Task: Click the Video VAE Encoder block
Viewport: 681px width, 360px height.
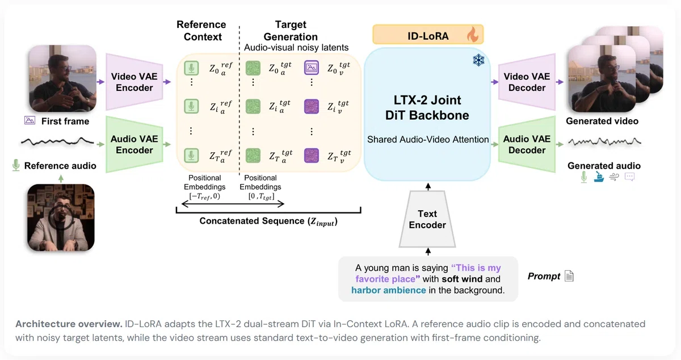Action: point(134,82)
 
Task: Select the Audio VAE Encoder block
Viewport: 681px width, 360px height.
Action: point(134,145)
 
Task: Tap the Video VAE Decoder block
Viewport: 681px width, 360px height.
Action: point(527,82)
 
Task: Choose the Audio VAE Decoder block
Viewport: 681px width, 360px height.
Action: point(527,145)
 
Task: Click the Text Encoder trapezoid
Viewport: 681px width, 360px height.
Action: point(427,219)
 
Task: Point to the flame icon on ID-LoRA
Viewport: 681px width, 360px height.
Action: point(472,35)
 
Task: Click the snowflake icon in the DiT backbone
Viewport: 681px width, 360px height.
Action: point(478,60)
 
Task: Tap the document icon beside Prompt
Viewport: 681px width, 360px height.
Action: point(569,276)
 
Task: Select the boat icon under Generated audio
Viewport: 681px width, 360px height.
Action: point(599,177)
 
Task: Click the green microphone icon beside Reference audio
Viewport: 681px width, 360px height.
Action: point(16,165)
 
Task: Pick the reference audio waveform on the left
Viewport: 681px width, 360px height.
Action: point(57,141)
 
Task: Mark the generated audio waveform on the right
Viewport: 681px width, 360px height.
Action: point(605,141)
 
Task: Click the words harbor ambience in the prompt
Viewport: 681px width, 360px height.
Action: point(389,290)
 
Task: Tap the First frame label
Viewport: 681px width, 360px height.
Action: point(65,121)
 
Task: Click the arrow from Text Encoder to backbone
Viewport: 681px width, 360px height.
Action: point(428,187)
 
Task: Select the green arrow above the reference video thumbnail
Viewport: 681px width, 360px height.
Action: point(61,179)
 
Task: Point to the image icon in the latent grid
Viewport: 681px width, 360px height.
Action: point(312,68)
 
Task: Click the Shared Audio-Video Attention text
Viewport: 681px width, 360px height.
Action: point(428,139)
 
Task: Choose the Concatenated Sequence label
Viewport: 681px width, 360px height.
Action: point(268,221)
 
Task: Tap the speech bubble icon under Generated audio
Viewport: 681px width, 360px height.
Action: point(629,177)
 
